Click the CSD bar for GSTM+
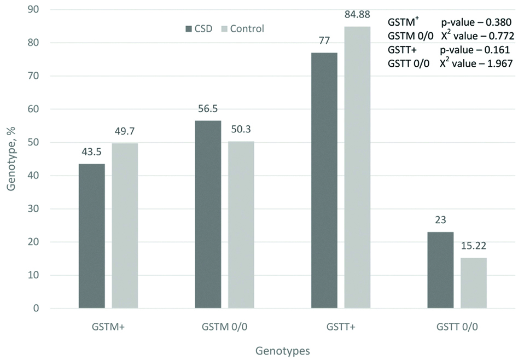coord(91,236)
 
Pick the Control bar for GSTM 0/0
coord(241,225)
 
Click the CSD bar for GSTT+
coord(324,181)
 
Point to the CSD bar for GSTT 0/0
coord(441,270)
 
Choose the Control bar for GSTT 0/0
coord(474,283)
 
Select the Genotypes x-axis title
coord(283,349)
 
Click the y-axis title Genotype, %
coord(12,159)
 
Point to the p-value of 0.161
coord(476,50)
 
